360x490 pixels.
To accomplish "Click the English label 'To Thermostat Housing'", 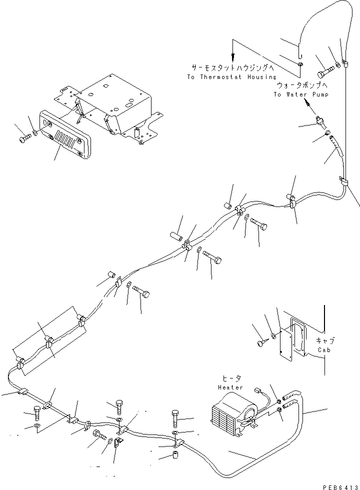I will [x=231, y=77].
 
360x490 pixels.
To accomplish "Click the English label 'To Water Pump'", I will [x=300, y=94].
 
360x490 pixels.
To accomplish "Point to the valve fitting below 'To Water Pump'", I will [x=320, y=120].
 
